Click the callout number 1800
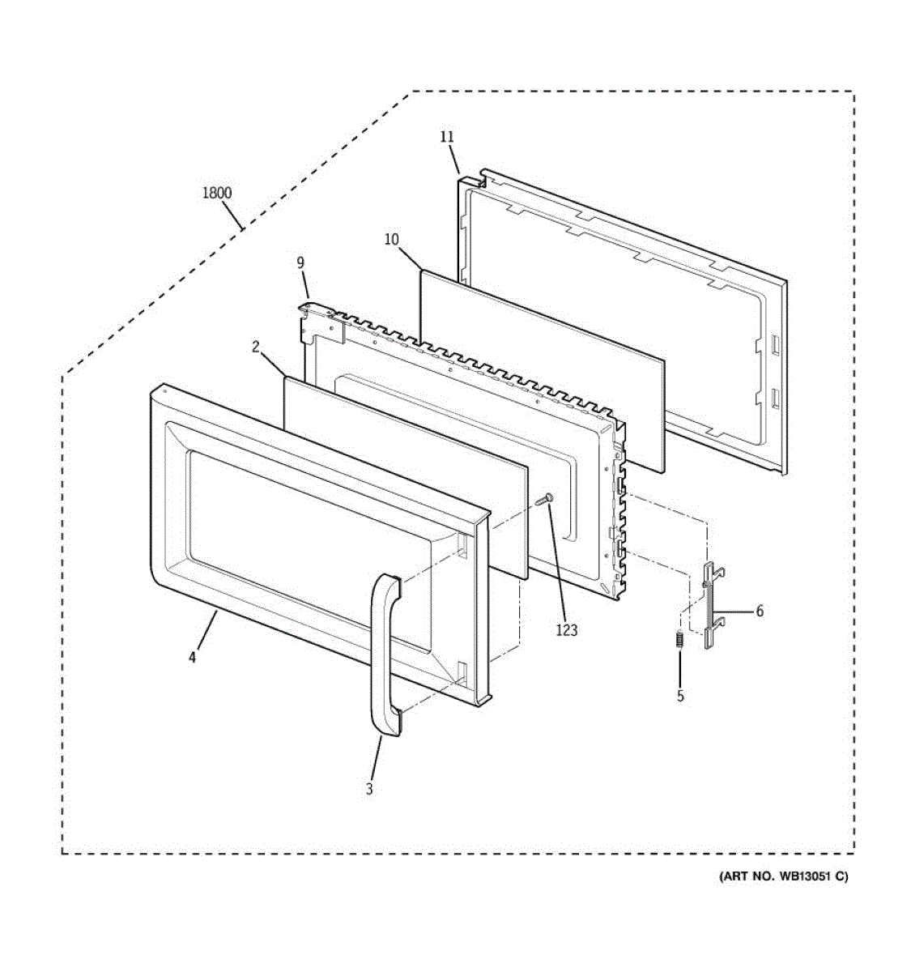click(216, 193)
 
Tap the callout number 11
click(447, 137)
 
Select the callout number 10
click(391, 239)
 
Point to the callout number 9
click(300, 262)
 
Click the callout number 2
click(256, 347)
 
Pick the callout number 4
click(192, 658)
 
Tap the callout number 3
click(369, 789)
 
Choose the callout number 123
click(567, 629)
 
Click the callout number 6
click(760, 612)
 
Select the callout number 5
click(680, 695)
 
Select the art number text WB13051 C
click(783, 876)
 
